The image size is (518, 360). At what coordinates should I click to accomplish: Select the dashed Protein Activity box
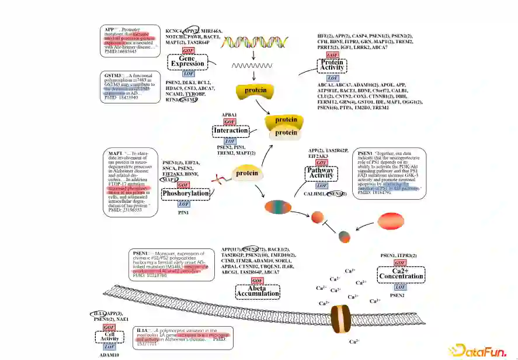coord(332,65)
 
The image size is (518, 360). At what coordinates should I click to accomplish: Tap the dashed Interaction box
coord(231,131)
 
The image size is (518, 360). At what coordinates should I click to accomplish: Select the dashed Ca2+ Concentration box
coord(400,274)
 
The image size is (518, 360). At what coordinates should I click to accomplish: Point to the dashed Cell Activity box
coord(109,337)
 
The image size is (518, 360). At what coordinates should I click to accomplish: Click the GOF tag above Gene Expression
coord(188,51)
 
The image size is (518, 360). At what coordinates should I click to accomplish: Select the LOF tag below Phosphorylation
coord(184,204)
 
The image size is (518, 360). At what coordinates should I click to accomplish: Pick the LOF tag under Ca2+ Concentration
coord(400,286)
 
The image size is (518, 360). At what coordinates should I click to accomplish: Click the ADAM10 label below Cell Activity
coord(109,354)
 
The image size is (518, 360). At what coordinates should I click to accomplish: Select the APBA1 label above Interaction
coord(229,115)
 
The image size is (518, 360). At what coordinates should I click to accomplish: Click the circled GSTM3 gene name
coord(188,100)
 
